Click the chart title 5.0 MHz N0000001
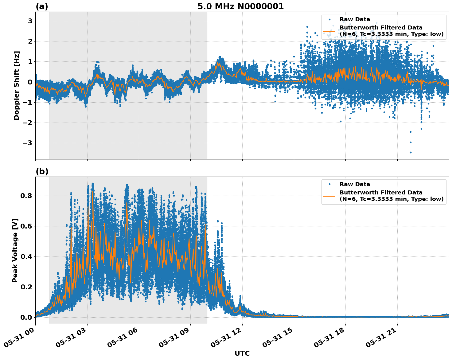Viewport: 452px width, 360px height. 240,6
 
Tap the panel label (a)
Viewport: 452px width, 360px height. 42,6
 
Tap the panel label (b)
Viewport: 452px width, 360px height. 42,171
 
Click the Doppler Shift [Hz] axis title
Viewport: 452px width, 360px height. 17,85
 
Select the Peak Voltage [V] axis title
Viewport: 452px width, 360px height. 15,250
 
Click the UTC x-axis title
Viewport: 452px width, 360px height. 242,353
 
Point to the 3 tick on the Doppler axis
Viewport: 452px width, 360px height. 30,21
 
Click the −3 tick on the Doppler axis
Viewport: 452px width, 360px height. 28,143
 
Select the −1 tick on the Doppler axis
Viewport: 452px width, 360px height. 28,102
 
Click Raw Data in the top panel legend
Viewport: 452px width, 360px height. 355,20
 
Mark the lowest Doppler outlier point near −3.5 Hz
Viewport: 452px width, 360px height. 411,152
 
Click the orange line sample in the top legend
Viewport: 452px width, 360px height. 329,31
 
